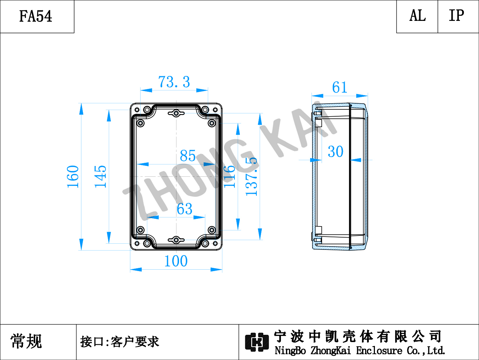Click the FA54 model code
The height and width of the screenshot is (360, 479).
(x=36, y=16)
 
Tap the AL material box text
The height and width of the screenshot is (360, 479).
(x=417, y=15)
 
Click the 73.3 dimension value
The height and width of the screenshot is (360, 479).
(x=174, y=82)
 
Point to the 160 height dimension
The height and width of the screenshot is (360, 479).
(x=73, y=177)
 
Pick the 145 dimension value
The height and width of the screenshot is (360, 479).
(x=100, y=177)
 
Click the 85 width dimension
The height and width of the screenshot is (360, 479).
(x=188, y=156)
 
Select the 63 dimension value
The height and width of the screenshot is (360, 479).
(x=185, y=209)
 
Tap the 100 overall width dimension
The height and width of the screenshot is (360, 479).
(x=176, y=261)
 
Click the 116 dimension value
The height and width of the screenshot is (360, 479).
(x=229, y=177)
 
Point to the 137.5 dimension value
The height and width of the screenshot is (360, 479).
(x=251, y=177)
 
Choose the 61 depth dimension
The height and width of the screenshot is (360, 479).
(x=340, y=87)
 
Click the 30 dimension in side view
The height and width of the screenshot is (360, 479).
(x=336, y=152)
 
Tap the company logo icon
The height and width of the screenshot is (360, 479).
(x=257, y=342)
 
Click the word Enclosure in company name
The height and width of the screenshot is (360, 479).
(x=379, y=350)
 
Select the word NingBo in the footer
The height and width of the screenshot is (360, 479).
(x=290, y=350)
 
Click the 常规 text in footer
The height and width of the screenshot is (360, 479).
(x=26, y=341)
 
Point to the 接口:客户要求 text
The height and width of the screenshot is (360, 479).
(x=120, y=342)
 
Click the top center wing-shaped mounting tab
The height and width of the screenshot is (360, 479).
(x=176, y=113)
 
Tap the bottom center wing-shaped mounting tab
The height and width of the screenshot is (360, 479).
(x=176, y=240)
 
